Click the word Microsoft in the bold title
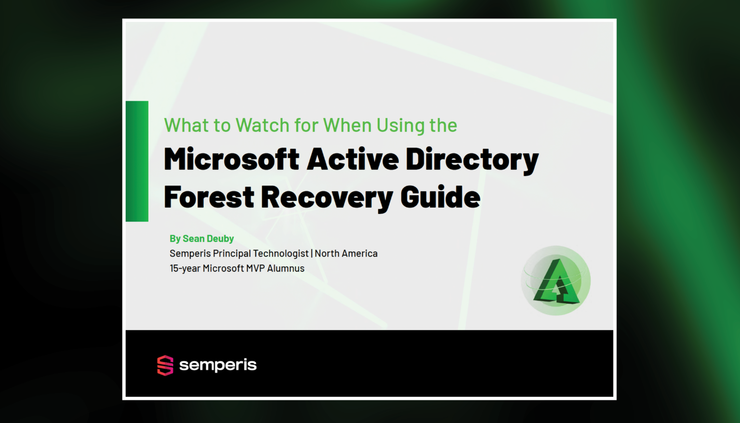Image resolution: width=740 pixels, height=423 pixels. (x=231, y=159)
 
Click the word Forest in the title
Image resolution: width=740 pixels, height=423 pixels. (x=209, y=198)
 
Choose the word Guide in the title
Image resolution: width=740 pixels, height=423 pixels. (x=440, y=198)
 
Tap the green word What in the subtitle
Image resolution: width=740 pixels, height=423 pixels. (x=186, y=125)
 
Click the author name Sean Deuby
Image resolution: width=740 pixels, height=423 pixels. (x=208, y=238)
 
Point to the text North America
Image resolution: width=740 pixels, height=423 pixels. (x=346, y=253)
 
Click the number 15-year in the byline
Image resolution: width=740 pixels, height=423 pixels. (x=185, y=268)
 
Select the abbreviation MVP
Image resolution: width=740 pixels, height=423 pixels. (x=255, y=268)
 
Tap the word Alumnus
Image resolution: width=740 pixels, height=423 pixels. (x=286, y=268)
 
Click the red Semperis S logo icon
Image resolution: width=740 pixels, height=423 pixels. (x=165, y=365)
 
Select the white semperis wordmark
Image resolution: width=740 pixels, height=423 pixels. (x=218, y=365)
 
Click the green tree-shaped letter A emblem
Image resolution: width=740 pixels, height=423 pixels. (x=556, y=282)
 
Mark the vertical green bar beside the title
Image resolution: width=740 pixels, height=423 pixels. (x=137, y=161)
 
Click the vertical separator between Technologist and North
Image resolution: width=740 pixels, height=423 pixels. (x=312, y=253)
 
